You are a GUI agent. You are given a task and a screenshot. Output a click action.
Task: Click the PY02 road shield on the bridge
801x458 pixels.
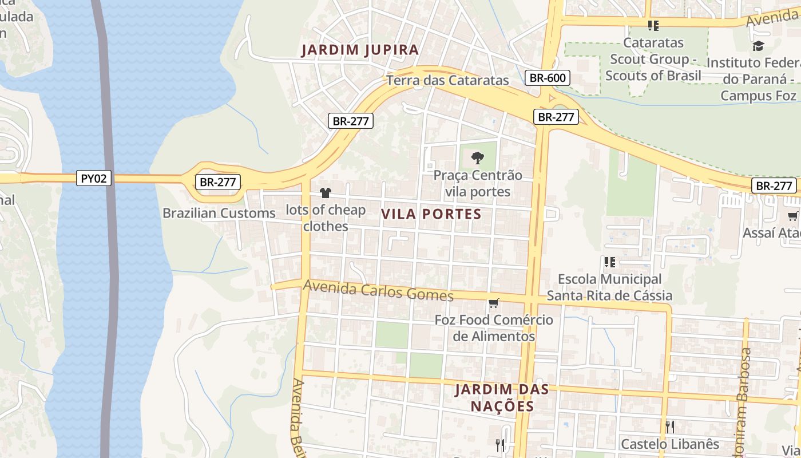coord(94,179)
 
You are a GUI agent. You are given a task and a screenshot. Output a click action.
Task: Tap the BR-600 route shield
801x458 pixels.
coord(548,78)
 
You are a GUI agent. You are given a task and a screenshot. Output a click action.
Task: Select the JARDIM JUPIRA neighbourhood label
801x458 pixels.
coord(360,50)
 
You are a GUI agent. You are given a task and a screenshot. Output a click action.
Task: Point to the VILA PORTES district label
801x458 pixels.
coord(431,214)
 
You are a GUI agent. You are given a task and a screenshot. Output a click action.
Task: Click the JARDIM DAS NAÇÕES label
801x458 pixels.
coord(502,398)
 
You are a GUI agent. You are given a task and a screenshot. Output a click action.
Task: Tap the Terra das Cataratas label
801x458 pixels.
coord(447,80)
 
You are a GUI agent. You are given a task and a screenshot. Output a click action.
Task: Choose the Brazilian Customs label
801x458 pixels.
coord(219,213)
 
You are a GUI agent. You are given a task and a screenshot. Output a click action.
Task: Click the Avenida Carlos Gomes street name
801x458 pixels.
coord(378,290)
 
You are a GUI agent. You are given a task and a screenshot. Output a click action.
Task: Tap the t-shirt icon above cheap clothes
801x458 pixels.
coord(326,193)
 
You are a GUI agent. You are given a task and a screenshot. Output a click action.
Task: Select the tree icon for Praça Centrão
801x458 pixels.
coord(478,157)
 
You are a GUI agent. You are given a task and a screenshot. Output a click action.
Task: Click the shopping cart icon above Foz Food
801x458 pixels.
coord(493,303)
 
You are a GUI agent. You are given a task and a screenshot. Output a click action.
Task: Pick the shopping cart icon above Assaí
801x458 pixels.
coord(792,216)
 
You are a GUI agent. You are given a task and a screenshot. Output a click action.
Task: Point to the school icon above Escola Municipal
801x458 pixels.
coord(609,262)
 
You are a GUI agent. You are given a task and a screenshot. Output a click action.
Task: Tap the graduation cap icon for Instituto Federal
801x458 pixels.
coord(758,46)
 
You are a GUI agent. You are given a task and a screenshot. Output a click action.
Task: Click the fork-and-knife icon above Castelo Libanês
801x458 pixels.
coord(670,427)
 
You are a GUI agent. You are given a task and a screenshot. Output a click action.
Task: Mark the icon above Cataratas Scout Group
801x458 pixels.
coord(653,26)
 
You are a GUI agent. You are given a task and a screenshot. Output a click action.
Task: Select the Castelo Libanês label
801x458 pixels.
coord(670,444)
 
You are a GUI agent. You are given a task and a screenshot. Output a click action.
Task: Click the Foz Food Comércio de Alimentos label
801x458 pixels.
coord(494,328)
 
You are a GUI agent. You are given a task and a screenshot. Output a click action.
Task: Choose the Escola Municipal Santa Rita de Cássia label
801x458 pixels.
coord(609,287)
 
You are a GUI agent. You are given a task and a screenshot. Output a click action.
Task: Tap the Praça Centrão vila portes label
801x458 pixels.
coord(478,183)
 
